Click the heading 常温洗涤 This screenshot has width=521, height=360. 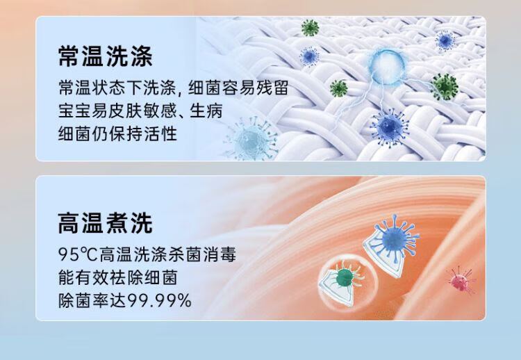coord(105,56)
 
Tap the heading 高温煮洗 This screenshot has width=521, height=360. coord(105,223)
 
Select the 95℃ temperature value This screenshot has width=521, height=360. coord(78,254)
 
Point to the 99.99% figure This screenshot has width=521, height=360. coord(160,300)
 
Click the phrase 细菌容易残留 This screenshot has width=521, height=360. coord(238,88)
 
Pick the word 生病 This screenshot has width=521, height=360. coord(206,111)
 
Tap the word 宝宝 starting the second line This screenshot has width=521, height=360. coord(74,111)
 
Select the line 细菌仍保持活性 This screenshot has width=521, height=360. coord(117,133)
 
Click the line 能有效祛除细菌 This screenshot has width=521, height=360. coord(117,277)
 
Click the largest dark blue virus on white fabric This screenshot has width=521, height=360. coord(390,127)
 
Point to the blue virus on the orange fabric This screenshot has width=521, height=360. coord(395,238)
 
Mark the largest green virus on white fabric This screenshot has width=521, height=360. coord(445,86)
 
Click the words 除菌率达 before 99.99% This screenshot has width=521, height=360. coord(92,300)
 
